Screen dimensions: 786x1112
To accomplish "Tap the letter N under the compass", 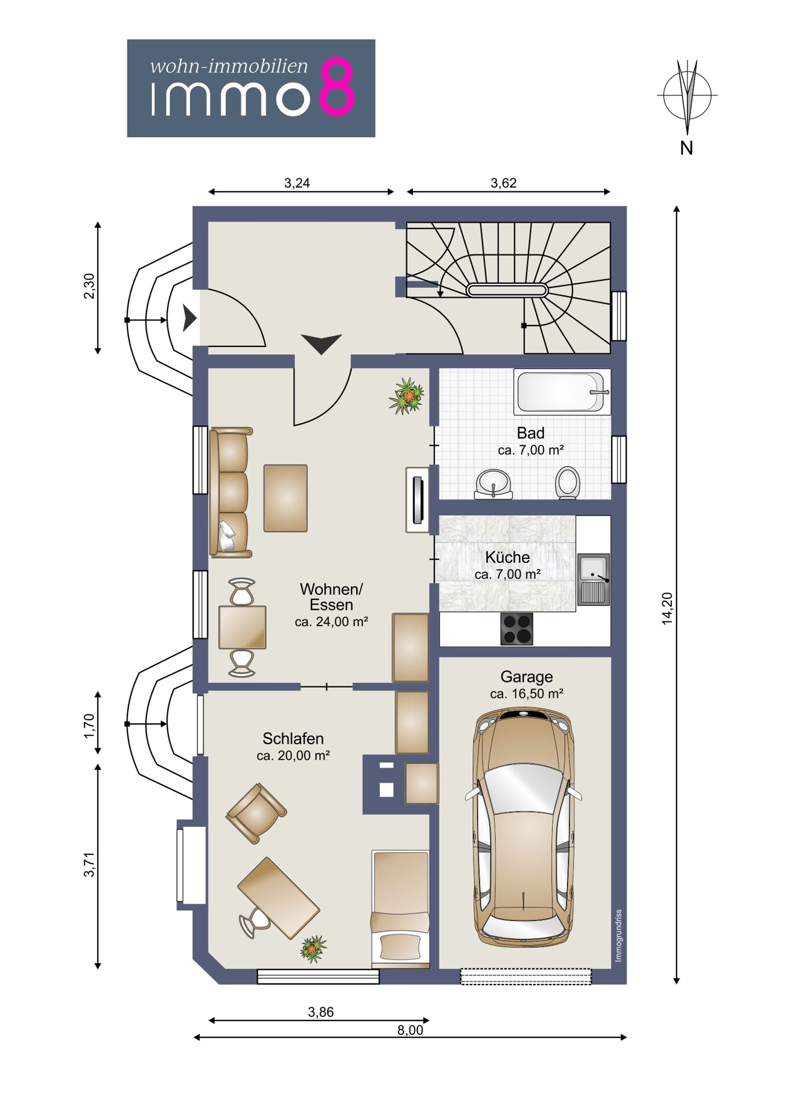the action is (x=686, y=148).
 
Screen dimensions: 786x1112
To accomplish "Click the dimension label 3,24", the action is (x=297, y=183).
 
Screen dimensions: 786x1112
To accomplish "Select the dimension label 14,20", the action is (x=667, y=608).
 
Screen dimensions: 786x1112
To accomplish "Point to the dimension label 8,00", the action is (x=410, y=1030).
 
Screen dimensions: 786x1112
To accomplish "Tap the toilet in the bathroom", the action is (x=567, y=482).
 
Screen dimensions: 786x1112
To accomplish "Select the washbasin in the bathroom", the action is (x=493, y=484).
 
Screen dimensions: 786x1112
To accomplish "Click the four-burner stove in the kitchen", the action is (x=517, y=628).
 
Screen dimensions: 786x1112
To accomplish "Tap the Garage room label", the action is (x=527, y=676).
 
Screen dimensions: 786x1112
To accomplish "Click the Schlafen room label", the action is (x=293, y=738).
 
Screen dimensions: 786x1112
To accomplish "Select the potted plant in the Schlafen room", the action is (x=313, y=949).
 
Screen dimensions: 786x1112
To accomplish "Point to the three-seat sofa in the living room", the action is (x=231, y=493).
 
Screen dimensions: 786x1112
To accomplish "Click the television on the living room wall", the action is (x=416, y=499).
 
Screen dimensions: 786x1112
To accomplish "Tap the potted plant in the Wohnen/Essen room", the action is (x=407, y=396).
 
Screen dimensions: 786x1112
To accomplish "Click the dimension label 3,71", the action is (x=89, y=865).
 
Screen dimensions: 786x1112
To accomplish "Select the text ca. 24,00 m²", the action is (x=331, y=622).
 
